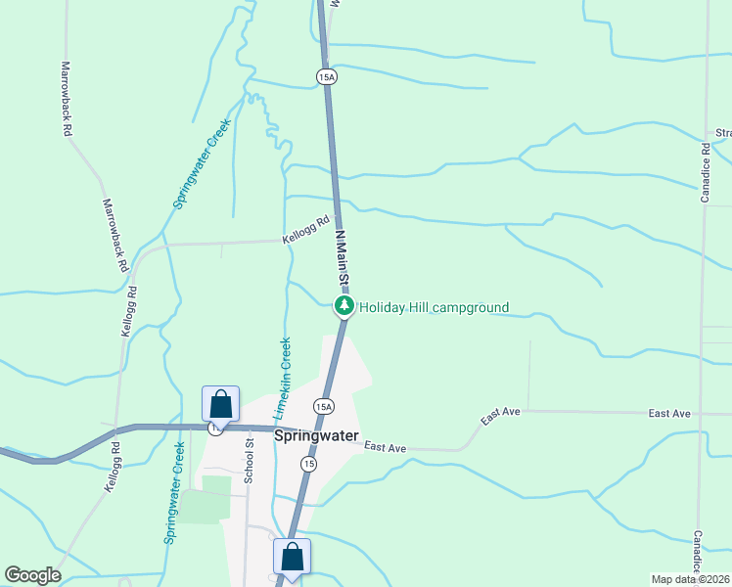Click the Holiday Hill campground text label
tap(434, 308)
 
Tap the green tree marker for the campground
tap(343, 306)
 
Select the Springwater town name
tap(316, 436)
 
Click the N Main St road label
tap(342, 257)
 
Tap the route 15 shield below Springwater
tap(308, 464)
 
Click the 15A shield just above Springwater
tap(324, 405)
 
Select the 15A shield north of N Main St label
tap(327, 76)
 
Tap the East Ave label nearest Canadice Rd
tap(669, 414)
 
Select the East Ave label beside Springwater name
tap(385, 447)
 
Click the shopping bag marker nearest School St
tap(220, 404)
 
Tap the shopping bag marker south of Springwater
tap(293, 557)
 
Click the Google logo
tap(32, 575)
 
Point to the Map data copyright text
tap(691, 579)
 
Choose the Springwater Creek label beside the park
tap(174, 492)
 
